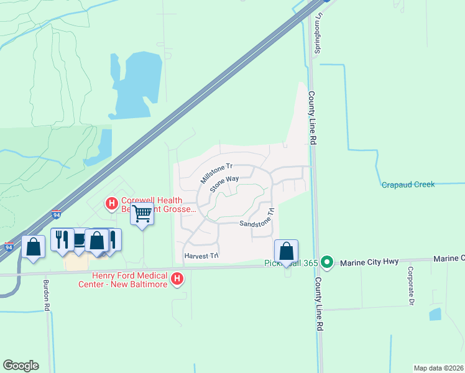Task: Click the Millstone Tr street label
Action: point(216,173)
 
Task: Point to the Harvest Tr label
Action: point(201,256)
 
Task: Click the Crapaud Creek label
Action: point(407,185)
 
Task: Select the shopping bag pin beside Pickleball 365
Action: point(286,251)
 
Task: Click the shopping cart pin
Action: point(142,214)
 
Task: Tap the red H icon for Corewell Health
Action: point(112,203)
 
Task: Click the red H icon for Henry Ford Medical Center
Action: point(177,279)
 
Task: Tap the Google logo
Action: point(21,366)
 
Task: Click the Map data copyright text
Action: point(438,368)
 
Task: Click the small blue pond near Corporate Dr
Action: point(435,314)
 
